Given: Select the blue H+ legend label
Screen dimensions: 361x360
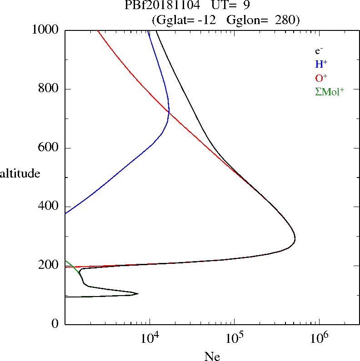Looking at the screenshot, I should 321,64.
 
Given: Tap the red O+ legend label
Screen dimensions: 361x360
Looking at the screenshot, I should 321,78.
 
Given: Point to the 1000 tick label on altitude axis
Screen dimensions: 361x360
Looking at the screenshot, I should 45,30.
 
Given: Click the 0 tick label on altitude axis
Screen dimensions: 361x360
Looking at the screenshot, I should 55,324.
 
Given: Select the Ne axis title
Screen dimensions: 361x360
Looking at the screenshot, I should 212,356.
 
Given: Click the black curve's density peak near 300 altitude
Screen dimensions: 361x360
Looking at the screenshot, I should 295,238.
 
